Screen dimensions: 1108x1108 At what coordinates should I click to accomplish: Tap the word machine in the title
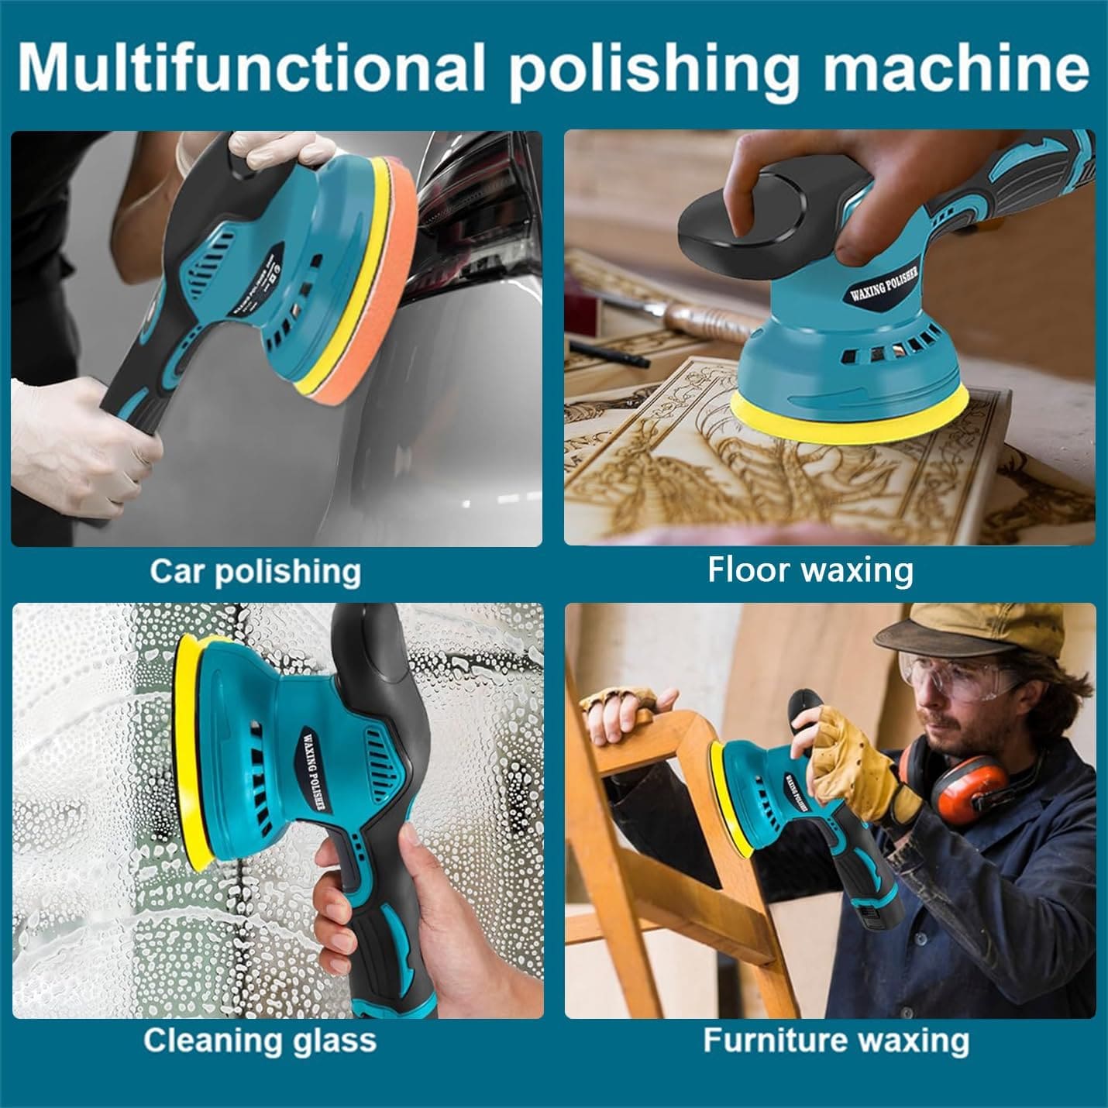tap(955, 67)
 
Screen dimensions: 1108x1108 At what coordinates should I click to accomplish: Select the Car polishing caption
tap(255, 573)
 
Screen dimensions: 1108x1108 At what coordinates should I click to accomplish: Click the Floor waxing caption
tap(810, 570)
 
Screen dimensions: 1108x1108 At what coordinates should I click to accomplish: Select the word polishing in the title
tap(655, 68)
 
